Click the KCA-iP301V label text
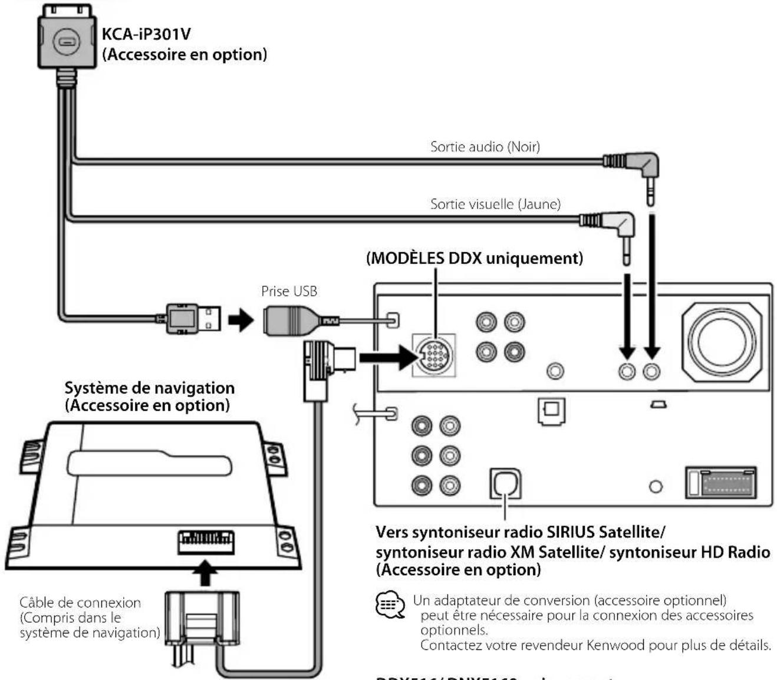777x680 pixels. pos(146,34)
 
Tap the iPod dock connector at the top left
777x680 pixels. pos(66,41)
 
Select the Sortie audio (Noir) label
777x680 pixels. pos(485,146)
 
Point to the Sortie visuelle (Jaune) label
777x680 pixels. pos(495,204)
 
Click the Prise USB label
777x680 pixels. pos(289,291)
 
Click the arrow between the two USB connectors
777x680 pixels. pos(241,320)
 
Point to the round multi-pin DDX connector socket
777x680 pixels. pos(434,356)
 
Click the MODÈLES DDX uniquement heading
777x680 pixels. pos(475,258)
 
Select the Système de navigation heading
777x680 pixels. pos(149,388)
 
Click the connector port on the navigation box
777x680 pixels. pos(206,540)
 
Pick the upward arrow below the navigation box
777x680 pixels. pos(205,573)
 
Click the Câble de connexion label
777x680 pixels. pos(80,603)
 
